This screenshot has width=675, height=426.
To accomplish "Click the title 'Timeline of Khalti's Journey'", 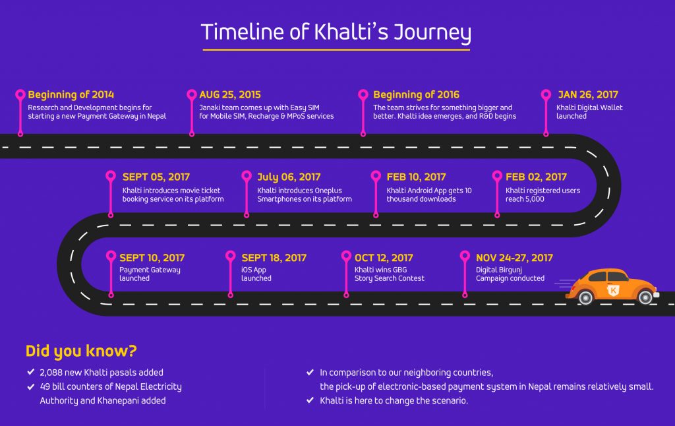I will click(x=336, y=32).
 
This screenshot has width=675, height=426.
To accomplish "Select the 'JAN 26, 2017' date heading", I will click(x=588, y=95).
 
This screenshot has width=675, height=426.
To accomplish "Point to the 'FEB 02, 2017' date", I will click(x=536, y=177).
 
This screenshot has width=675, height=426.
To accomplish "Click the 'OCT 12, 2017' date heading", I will click(x=384, y=258).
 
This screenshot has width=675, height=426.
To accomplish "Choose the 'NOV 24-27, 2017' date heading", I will click(x=514, y=258).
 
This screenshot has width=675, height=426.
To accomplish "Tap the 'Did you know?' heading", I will click(x=81, y=351).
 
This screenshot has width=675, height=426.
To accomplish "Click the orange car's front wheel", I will click(x=645, y=297).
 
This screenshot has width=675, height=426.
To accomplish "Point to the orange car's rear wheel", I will click(x=585, y=298).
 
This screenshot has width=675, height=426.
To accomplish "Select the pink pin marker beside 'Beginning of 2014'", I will click(x=20, y=94).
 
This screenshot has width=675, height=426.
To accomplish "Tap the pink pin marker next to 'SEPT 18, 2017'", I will click(x=231, y=257).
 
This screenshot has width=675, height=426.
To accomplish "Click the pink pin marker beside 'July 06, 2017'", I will click(x=246, y=176).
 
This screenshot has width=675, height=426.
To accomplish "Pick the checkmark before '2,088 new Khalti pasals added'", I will click(x=30, y=373).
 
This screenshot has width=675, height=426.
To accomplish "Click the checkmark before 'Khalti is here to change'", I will click(x=310, y=400).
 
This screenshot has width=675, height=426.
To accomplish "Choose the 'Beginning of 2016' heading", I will click(x=416, y=95).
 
